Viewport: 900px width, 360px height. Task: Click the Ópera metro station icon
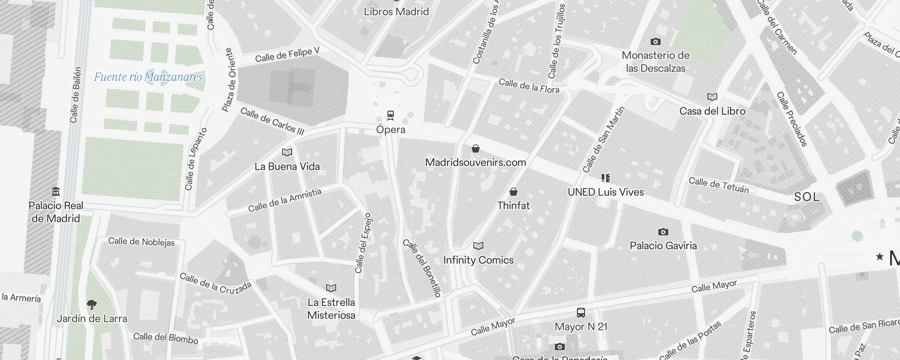[391, 115]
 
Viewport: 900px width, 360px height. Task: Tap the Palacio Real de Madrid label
[56, 212]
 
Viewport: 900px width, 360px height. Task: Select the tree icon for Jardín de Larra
[92, 305]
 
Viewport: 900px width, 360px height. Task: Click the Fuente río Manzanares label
[148, 77]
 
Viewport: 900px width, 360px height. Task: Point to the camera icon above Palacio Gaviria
[663, 232]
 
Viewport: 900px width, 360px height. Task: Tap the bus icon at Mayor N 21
[581, 313]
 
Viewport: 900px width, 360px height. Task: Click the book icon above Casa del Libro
[712, 97]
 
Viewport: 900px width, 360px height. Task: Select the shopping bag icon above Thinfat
[513, 192]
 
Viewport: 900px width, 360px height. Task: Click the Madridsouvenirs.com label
[475, 162]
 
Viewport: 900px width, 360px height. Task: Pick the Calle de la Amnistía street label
[285, 200]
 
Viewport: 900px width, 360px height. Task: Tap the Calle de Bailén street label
[75, 95]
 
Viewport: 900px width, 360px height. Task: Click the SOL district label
[806, 197]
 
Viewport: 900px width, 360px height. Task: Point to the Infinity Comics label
[478, 260]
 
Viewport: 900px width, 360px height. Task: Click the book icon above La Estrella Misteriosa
[331, 288]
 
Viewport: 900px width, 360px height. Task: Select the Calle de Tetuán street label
[719, 185]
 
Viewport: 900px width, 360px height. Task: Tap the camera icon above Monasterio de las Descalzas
[655, 42]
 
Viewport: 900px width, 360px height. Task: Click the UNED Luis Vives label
[605, 192]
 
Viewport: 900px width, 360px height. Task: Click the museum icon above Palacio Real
[56, 192]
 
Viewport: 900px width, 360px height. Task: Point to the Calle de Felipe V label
[287, 55]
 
